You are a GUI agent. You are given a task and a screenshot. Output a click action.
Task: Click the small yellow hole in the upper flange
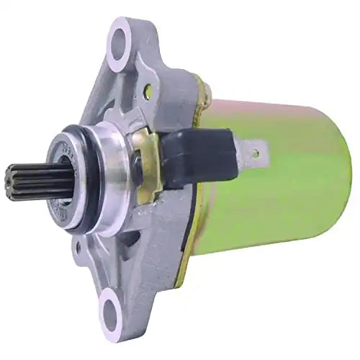point(148,91)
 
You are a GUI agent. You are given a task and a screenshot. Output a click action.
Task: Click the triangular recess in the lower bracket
point(137,252)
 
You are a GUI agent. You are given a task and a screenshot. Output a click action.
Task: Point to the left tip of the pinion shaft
point(9,184)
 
